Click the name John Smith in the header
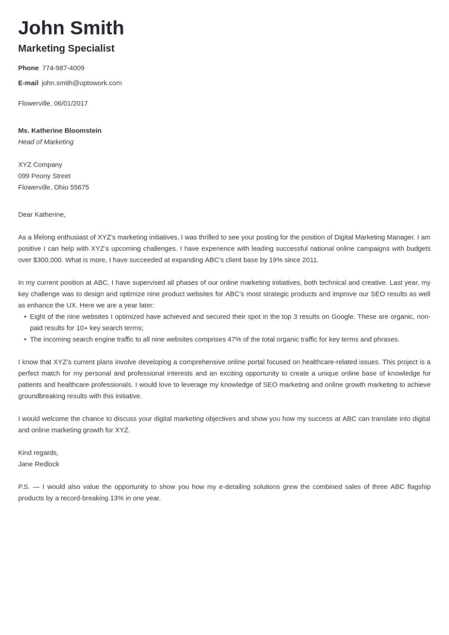click(71, 28)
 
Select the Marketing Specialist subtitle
click(66, 49)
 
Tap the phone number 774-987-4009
click(63, 68)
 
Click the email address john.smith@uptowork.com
click(82, 83)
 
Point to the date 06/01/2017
click(71, 103)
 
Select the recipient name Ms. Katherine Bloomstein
click(60, 131)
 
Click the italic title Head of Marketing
click(46, 142)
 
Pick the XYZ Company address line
click(40, 165)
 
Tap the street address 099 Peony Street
click(44, 176)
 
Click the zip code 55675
click(79, 187)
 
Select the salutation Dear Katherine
click(42, 215)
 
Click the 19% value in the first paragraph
click(275, 260)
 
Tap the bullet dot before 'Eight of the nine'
click(25, 317)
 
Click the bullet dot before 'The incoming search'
click(25, 339)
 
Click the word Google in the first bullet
click(343, 317)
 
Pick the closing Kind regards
click(38, 453)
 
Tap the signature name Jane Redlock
click(39, 464)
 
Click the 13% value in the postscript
click(117, 498)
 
